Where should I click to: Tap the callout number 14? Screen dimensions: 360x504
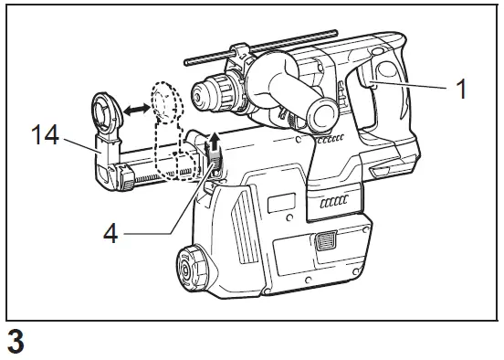[45, 137]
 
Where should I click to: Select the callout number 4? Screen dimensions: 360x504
[110, 233]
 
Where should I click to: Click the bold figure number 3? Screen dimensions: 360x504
[15, 342]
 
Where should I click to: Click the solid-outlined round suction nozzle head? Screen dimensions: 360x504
[102, 115]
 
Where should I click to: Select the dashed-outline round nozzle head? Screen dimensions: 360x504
[165, 102]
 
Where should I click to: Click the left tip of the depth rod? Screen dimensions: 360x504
[187, 61]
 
